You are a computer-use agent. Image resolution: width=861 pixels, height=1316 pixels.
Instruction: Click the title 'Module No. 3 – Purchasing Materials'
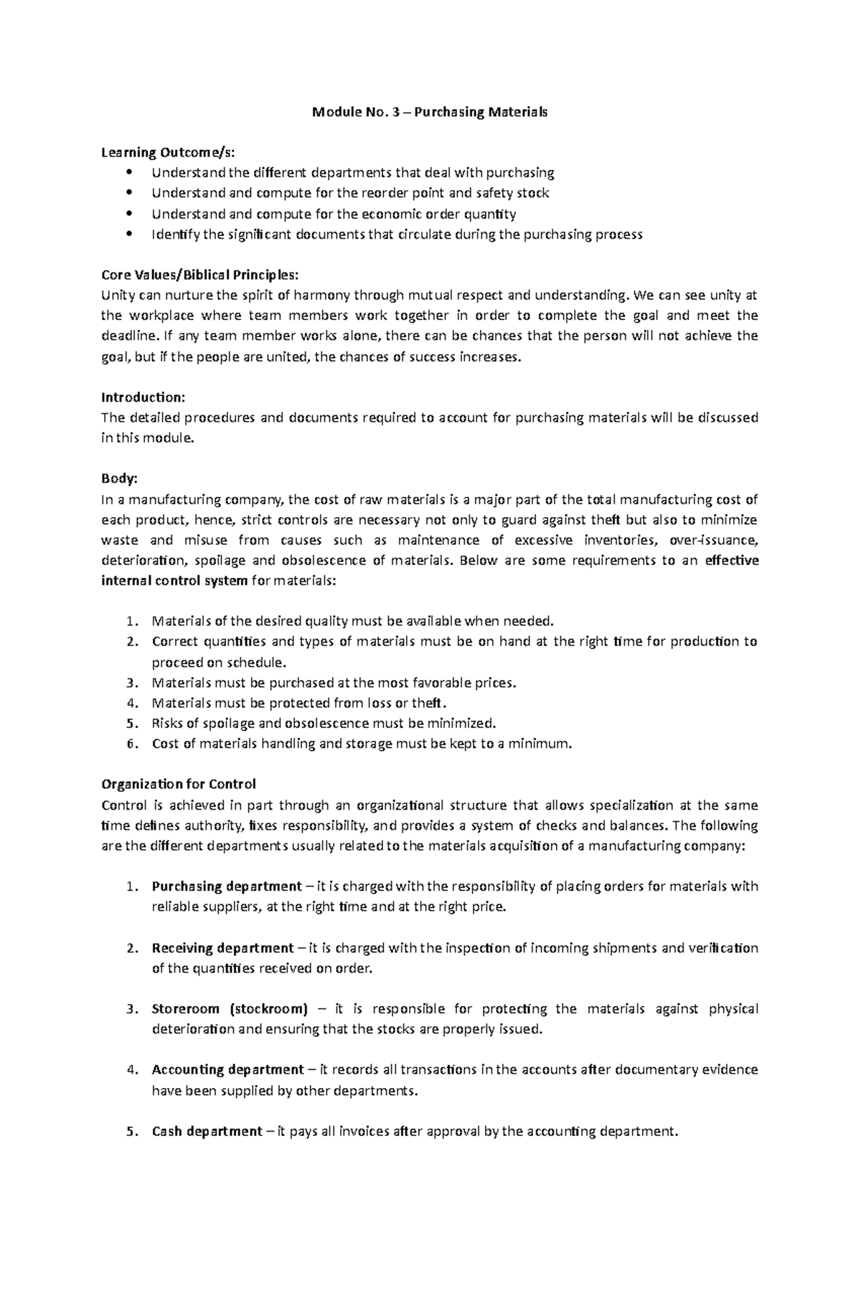tap(429, 112)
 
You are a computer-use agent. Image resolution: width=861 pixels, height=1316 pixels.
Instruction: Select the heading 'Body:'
tap(119, 479)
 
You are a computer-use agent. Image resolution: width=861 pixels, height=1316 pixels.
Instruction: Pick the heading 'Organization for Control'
tap(179, 784)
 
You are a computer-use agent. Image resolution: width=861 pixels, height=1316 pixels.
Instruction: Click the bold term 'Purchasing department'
tap(227, 886)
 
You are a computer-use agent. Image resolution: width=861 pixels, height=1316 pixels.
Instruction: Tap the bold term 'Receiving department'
tap(222, 948)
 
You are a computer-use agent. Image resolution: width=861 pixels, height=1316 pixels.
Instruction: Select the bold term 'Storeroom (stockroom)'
tap(230, 1009)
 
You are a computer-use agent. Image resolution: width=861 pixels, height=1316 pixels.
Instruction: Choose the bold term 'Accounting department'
tap(227, 1070)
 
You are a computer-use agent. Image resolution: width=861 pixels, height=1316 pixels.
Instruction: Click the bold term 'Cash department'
tap(207, 1132)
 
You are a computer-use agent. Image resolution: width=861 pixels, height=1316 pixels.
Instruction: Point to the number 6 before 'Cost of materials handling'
tap(130, 744)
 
